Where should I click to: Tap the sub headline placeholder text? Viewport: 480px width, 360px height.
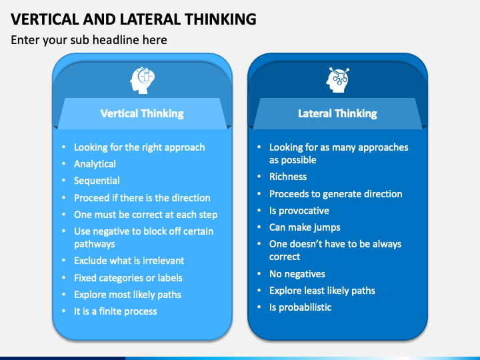89,40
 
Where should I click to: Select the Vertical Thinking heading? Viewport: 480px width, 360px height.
142,113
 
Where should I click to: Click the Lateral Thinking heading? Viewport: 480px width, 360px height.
337,113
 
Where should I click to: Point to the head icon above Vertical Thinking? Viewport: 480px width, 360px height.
142,80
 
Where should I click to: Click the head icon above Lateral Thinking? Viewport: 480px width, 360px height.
337,79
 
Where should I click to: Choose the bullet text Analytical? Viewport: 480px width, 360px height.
95,164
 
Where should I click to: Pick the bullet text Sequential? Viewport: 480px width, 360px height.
97,181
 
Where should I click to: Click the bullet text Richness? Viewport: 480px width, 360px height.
288,177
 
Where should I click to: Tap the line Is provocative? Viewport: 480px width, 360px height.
299,211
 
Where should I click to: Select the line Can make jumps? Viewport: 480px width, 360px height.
305,227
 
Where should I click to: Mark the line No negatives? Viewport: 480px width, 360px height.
297,274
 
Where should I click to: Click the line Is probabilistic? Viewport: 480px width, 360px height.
300,307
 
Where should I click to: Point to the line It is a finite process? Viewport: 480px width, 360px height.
115,311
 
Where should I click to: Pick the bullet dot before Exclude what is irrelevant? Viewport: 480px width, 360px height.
64,261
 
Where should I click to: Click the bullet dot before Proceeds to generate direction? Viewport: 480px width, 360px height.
259,194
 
